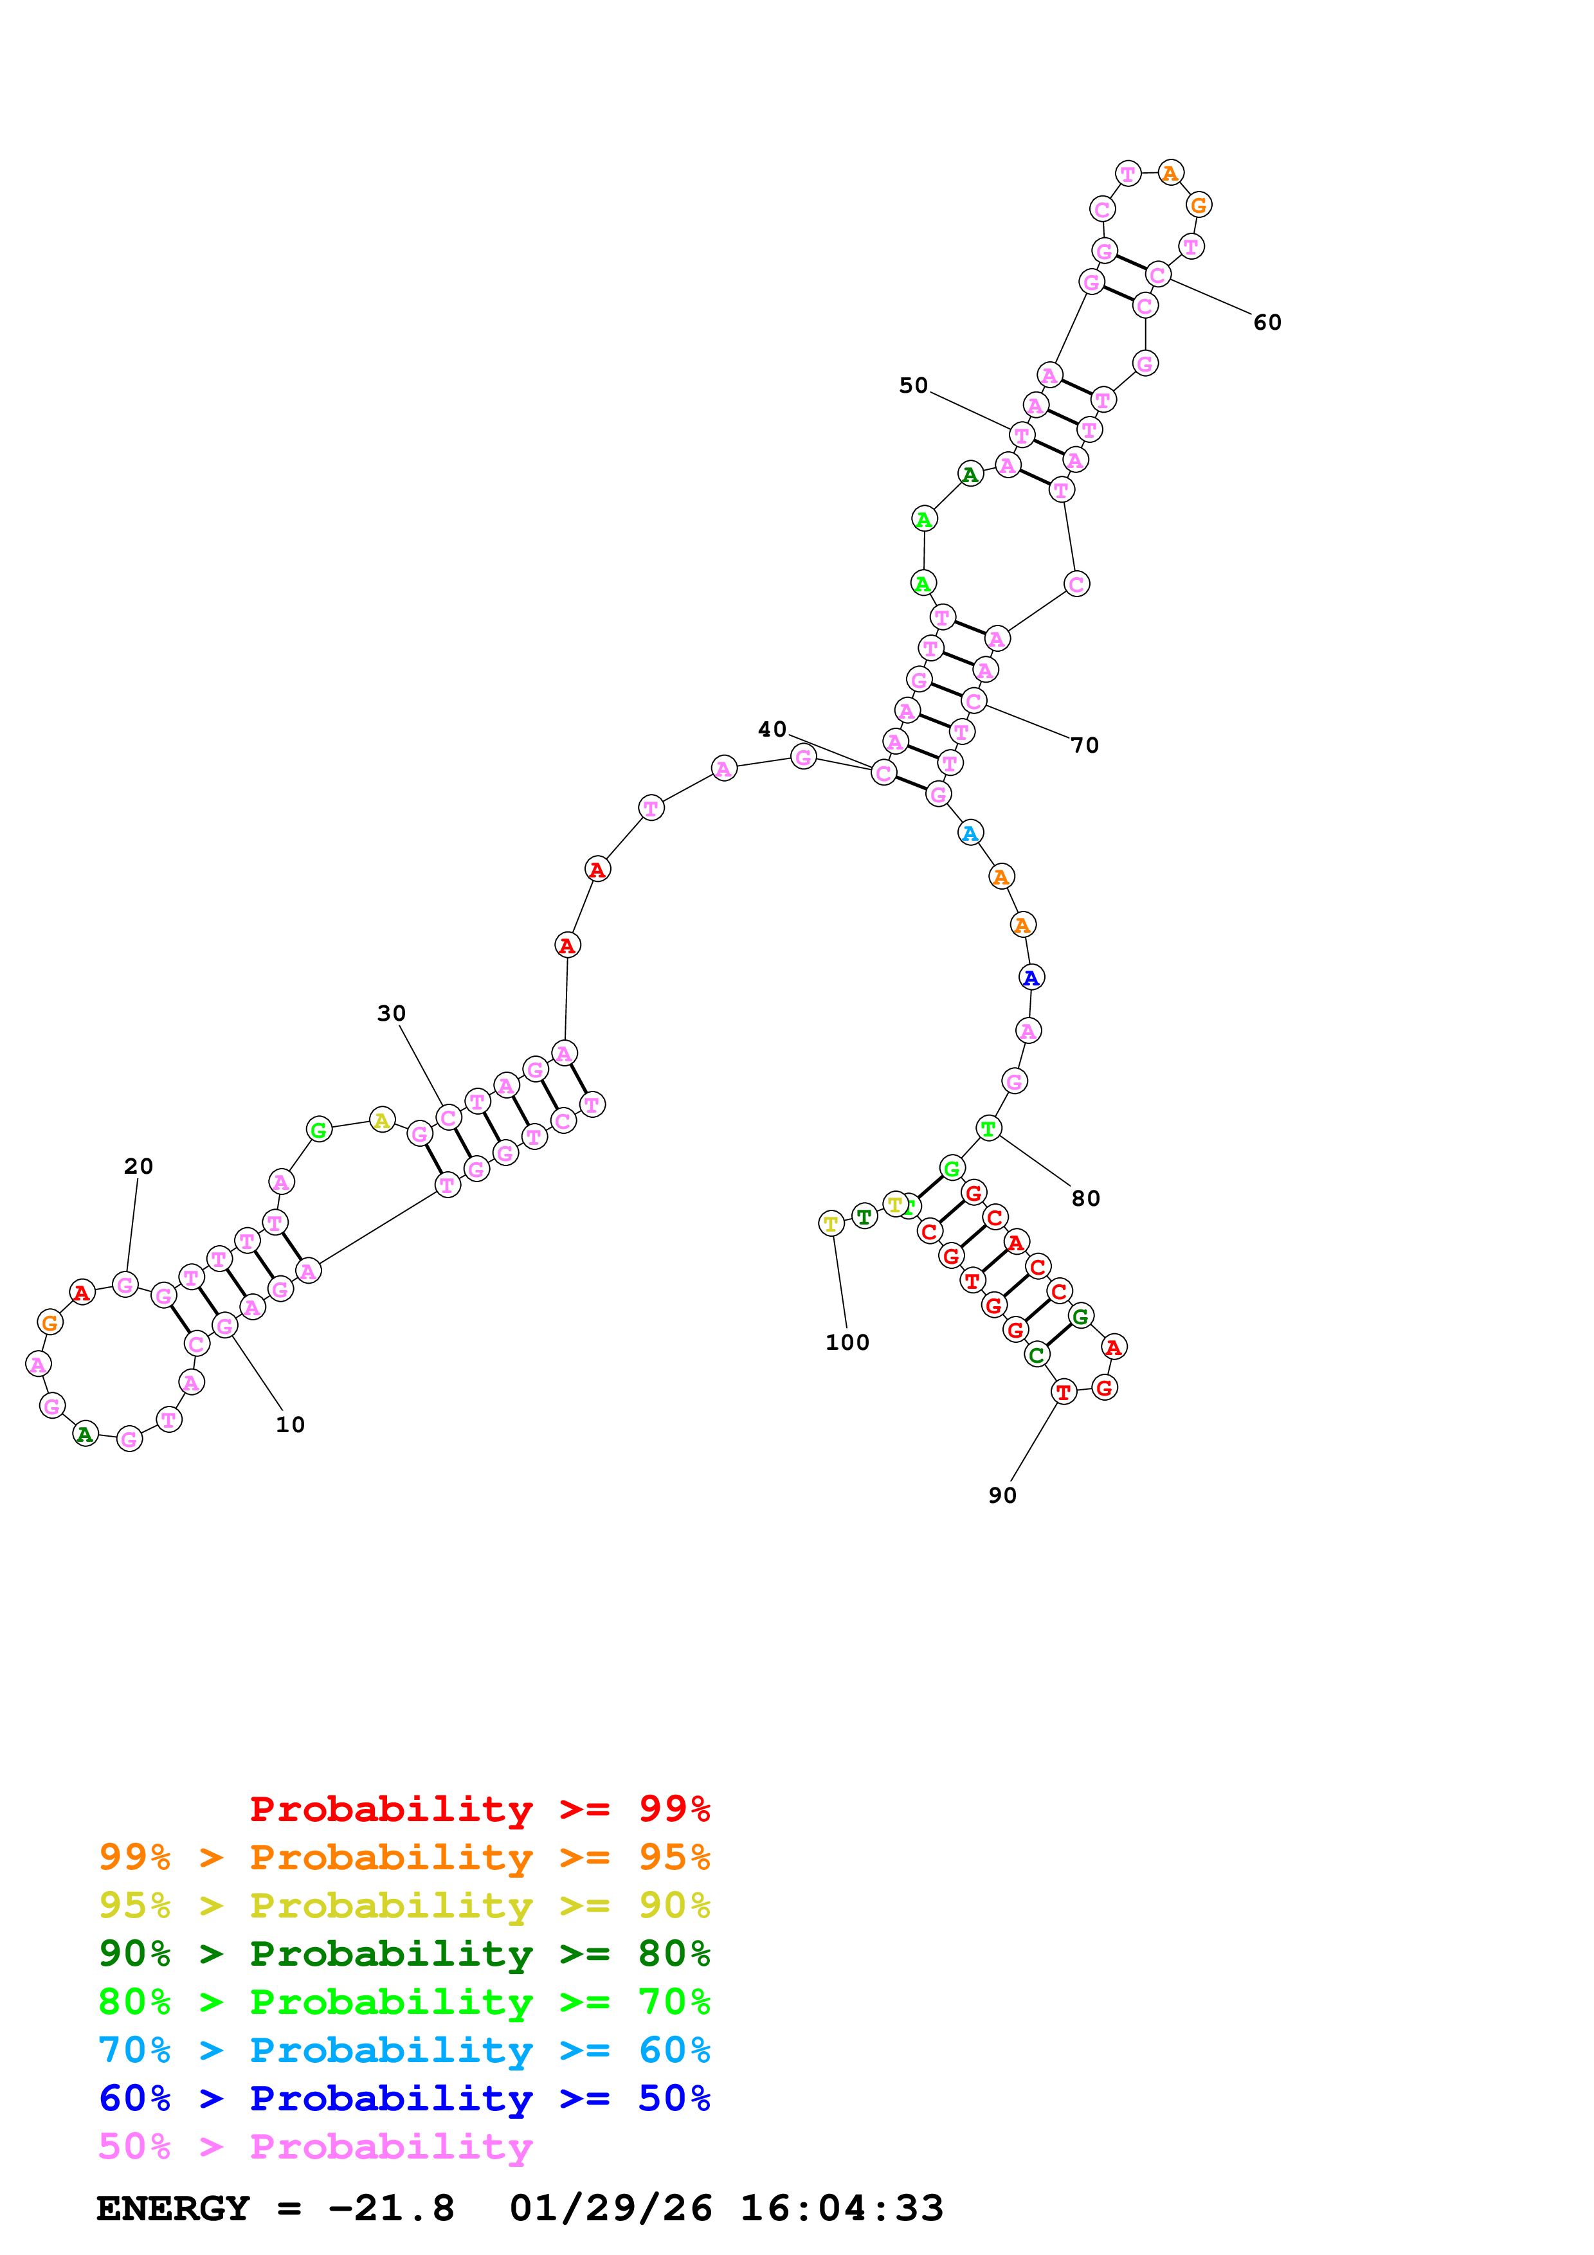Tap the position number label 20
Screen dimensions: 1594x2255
point(138,1166)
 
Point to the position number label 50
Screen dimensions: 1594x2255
point(913,385)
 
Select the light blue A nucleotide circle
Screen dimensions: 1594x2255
point(970,833)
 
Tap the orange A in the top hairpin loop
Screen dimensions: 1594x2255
point(1170,173)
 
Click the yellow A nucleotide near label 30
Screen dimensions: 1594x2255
point(382,1120)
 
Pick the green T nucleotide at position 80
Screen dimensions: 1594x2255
point(988,1129)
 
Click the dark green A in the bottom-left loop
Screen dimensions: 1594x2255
point(86,1434)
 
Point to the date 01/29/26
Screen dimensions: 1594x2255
point(610,2208)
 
